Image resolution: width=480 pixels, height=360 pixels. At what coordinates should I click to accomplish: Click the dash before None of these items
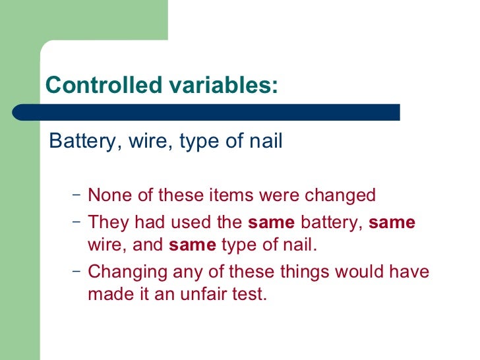[x=76, y=196]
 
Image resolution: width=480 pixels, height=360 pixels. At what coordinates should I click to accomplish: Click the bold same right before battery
[x=271, y=222]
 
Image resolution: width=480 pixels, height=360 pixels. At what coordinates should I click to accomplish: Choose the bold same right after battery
[x=392, y=222]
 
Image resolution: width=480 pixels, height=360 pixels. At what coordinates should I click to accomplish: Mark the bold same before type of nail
[x=193, y=246]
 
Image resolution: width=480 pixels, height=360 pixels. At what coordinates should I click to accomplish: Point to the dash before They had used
[x=76, y=222]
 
